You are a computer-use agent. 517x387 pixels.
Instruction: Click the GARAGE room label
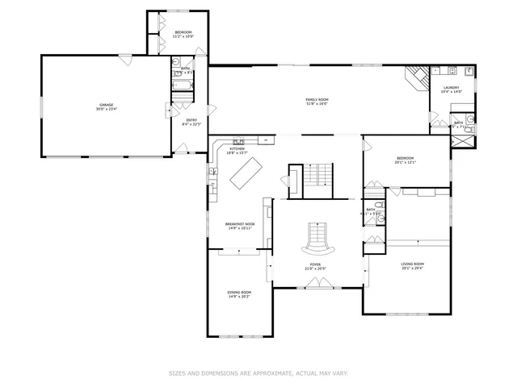(106, 104)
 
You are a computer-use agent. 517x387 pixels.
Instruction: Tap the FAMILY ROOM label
(317, 99)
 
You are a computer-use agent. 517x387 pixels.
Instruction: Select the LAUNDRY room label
(450, 87)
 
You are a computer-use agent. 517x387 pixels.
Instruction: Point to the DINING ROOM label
(239, 292)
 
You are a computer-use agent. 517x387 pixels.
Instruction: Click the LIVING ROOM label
(413, 264)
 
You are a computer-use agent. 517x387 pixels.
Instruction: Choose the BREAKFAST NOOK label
(239, 223)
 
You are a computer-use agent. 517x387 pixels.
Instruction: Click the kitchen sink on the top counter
(239, 141)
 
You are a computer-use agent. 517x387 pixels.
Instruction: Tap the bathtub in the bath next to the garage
(183, 84)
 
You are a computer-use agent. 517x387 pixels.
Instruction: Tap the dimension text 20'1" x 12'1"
(405, 162)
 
